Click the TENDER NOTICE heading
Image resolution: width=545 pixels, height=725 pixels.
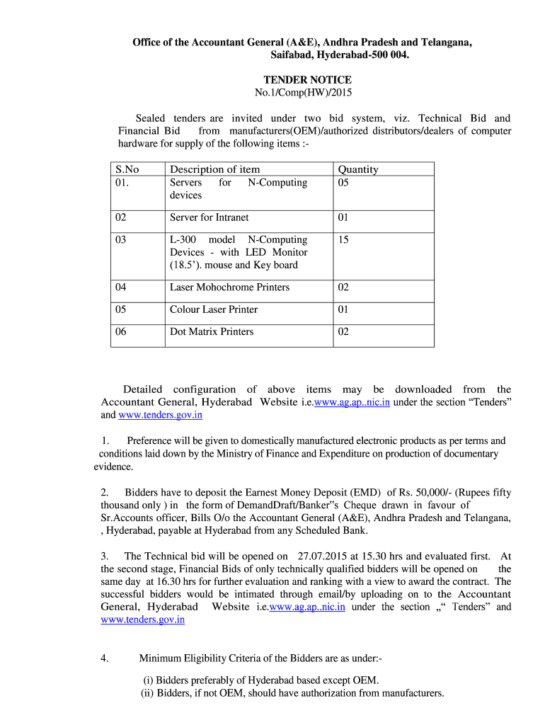[x=307, y=80]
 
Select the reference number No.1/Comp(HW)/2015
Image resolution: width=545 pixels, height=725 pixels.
[x=303, y=93]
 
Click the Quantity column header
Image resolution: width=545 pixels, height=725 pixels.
[x=357, y=169]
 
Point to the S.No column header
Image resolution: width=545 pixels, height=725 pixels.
[x=127, y=169]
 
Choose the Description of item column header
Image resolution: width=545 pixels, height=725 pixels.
[x=214, y=169]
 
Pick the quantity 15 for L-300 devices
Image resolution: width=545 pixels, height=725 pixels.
[x=343, y=240]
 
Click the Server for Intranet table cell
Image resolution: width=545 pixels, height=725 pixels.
[x=209, y=217]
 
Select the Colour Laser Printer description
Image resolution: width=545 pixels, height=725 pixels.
[x=213, y=309]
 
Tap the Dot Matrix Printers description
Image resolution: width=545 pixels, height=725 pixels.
[x=211, y=331]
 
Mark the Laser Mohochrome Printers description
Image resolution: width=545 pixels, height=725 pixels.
[x=229, y=287]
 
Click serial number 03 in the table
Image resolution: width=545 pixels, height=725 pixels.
[x=121, y=240]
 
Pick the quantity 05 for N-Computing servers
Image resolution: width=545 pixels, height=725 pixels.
[x=343, y=183]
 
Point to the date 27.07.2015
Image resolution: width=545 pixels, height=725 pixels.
[x=323, y=556]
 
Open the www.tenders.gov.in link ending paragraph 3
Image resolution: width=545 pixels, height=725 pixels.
[x=142, y=620]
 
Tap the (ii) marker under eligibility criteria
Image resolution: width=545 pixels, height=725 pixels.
[x=148, y=693]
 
